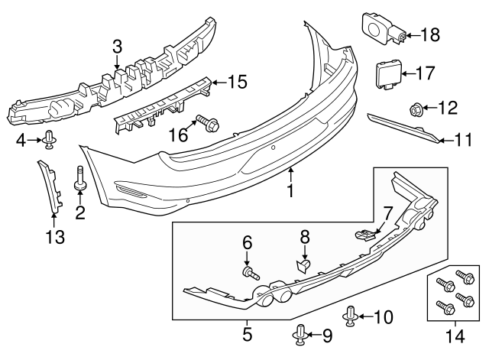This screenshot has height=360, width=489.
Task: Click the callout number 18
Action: (431, 34)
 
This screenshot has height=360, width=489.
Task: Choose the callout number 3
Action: (117, 47)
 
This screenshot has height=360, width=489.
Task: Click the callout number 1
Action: (290, 188)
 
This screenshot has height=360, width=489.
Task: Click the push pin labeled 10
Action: (351, 314)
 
